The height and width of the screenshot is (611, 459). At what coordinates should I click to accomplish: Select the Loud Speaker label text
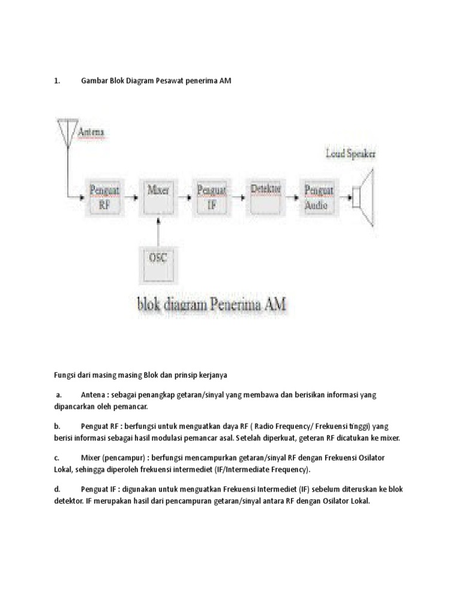[351, 154]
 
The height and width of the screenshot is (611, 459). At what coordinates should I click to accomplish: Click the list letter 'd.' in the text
[57, 489]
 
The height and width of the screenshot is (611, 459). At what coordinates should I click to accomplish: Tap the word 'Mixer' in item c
[90, 458]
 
